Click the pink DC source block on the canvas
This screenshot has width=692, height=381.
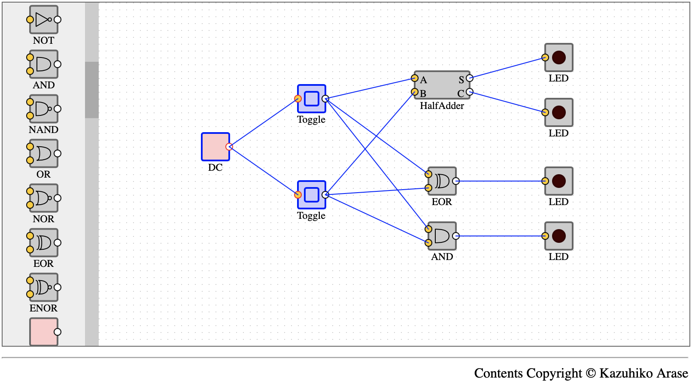(x=215, y=147)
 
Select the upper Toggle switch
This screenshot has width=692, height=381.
(x=311, y=99)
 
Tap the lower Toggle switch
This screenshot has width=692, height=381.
(x=311, y=195)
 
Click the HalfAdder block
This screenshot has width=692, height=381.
(x=442, y=85)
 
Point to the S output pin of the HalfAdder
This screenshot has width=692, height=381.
(x=470, y=78)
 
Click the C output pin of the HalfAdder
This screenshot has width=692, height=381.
(x=470, y=92)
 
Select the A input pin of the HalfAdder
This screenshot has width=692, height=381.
(x=415, y=78)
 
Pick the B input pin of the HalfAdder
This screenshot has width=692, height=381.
(x=415, y=92)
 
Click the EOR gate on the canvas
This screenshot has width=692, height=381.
(x=442, y=181)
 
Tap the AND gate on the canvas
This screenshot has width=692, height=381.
(x=442, y=236)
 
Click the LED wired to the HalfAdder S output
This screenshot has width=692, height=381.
(x=558, y=57)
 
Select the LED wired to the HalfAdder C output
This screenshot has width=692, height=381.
(x=558, y=112)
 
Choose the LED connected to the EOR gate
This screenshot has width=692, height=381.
(x=558, y=181)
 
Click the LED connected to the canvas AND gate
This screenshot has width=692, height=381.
(x=558, y=236)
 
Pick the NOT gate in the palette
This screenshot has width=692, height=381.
(x=43, y=19)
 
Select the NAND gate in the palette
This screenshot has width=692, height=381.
(x=43, y=109)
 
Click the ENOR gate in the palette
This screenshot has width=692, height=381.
(x=43, y=287)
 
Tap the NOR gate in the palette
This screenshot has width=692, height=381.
(x=43, y=198)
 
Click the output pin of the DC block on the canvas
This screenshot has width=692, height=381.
(x=229, y=147)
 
